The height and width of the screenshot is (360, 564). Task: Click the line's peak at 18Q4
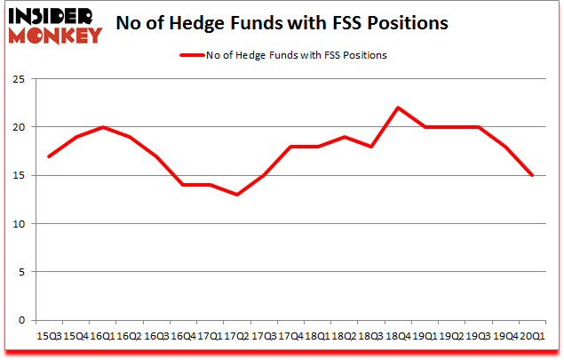click(x=398, y=108)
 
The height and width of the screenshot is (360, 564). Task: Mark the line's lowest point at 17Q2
click(x=237, y=195)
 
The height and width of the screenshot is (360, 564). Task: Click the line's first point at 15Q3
click(x=50, y=156)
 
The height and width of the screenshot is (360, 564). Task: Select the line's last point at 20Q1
click(x=532, y=175)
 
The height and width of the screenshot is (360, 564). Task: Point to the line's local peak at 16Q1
click(x=104, y=127)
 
